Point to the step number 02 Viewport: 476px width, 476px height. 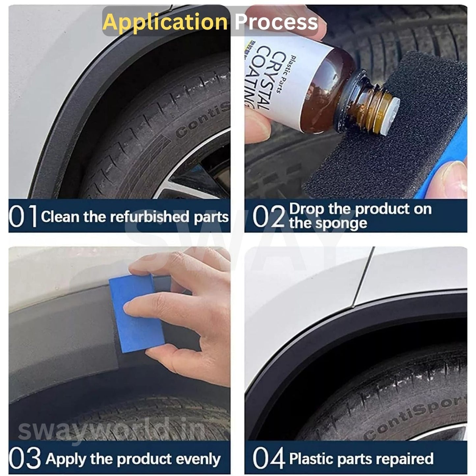pyautogui.click(x=268, y=216)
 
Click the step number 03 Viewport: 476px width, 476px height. pyautogui.click(x=25, y=458)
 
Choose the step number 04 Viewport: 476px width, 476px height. pyautogui.click(x=268, y=458)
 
